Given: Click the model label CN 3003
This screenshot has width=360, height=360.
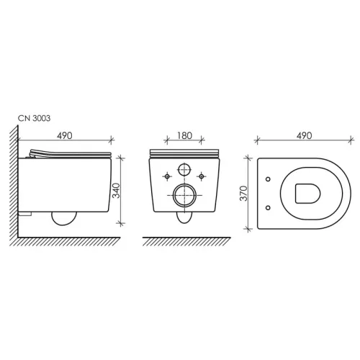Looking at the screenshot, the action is pyautogui.click(x=35, y=118).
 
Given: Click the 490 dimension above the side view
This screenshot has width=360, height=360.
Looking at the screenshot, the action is pyautogui.click(x=64, y=136).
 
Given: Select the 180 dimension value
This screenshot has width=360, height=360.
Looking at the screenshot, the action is pyautogui.click(x=184, y=135).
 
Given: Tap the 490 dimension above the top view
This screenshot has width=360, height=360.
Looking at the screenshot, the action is pyautogui.click(x=305, y=135).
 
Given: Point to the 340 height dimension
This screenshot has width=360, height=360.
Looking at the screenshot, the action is pyautogui.click(x=116, y=191).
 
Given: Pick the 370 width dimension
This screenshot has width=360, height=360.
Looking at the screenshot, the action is pyautogui.click(x=243, y=193).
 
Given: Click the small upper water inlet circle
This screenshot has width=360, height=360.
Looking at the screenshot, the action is pyautogui.click(x=184, y=169).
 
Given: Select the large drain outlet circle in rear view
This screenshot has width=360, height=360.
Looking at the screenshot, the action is pyautogui.click(x=184, y=195).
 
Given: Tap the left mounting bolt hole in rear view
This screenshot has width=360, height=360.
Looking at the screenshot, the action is pyautogui.click(x=167, y=176).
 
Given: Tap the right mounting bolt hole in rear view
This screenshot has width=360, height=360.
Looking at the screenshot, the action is pyautogui.click(x=202, y=176).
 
